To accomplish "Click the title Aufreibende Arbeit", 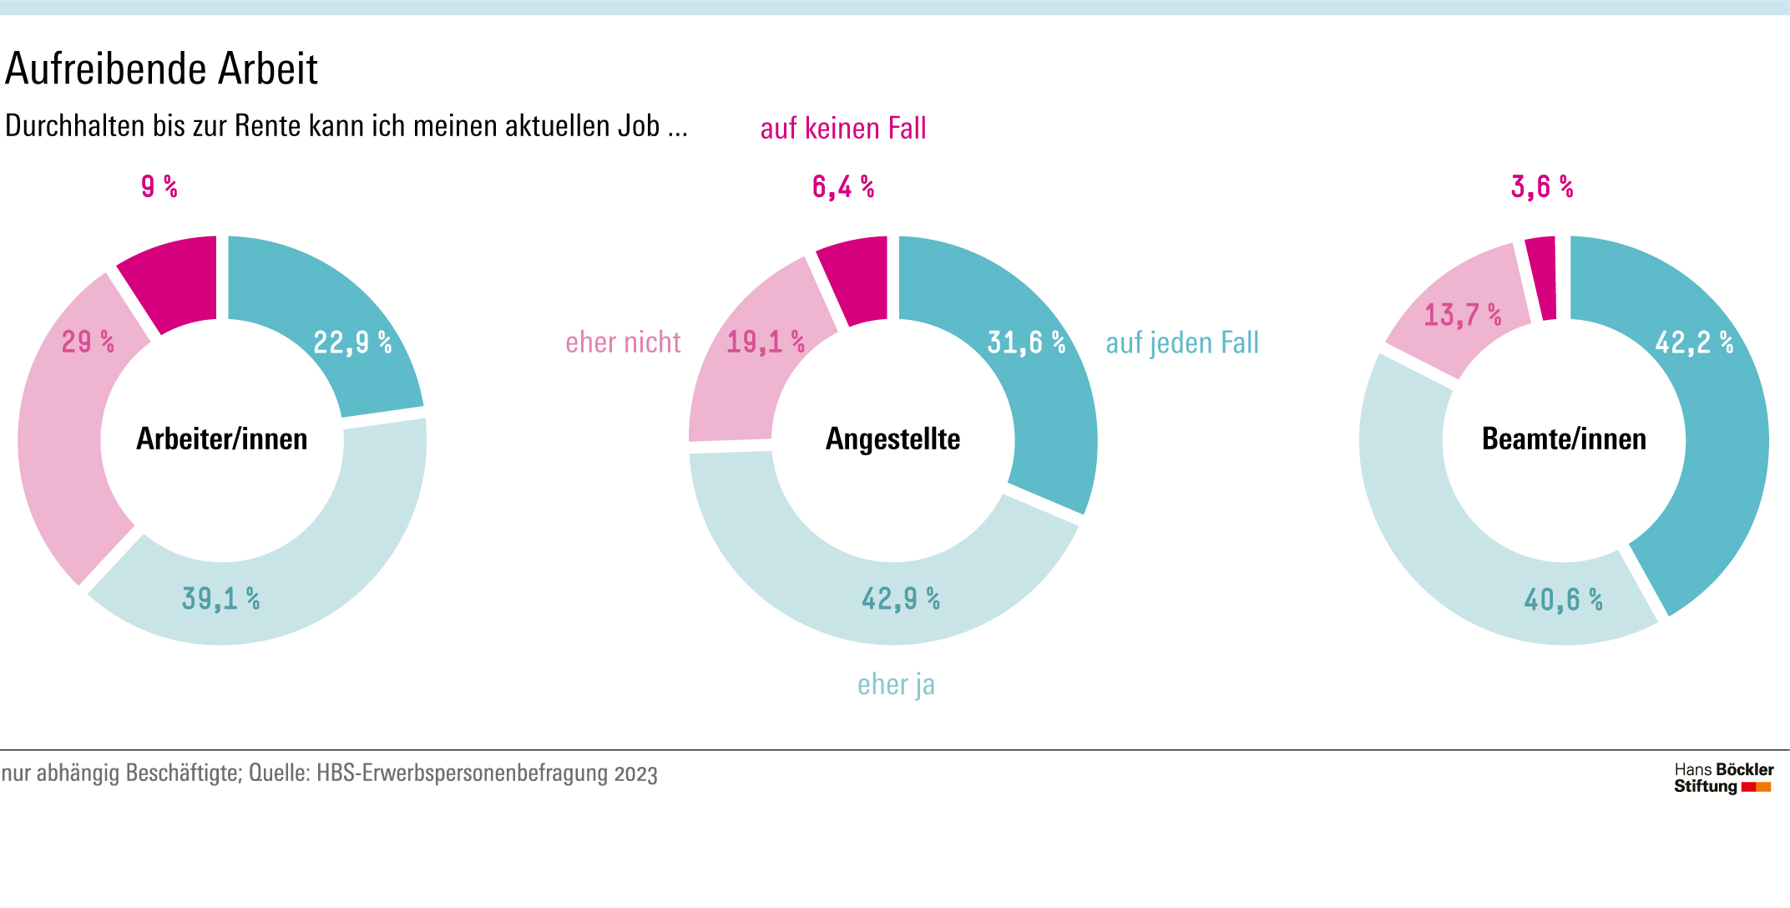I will [x=161, y=69].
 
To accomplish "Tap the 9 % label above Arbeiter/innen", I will [x=159, y=186].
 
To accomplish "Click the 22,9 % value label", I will [x=351, y=342].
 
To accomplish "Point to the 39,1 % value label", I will [x=220, y=598].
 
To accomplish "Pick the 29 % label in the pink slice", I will [x=88, y=342].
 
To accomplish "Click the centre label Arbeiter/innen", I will [x=222, y=439].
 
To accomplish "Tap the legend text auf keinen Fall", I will [x=843, y=129].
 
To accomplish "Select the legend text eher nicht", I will [x=623, y=342].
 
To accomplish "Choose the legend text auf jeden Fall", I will [x=1182, y=342].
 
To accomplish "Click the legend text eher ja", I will [x=896, y=684].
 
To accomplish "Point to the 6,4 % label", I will [x=842, y=187].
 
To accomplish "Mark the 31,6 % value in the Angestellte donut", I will [x=1026, y=342].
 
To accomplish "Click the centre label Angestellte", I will [x=892, y=439].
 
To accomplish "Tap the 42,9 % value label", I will [x=900, y=598].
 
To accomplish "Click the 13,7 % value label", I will [x=1462, y=315].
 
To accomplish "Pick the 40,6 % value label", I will [x=1563, y=599].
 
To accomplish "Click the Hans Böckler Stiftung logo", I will [x=1723, y=778].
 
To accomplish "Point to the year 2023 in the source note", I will [x=636, y=774].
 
